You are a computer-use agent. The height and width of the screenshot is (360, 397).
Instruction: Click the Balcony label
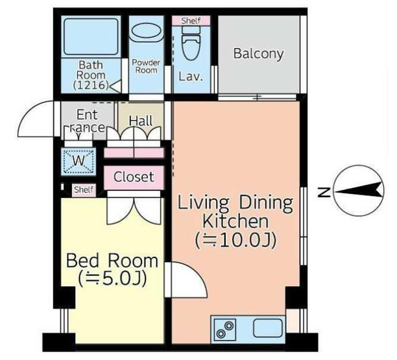(x=258, y=54)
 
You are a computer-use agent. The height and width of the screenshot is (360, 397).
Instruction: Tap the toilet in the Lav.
(x=191, y=43)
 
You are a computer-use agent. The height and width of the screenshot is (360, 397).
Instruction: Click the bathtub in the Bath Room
(x=91, y=37)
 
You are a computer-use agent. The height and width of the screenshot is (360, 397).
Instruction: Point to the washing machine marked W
(x=78, y=162)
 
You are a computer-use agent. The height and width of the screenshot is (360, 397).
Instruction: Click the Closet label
(x=134, y=177)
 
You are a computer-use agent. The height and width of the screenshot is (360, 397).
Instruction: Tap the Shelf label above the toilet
(x=191, y=21)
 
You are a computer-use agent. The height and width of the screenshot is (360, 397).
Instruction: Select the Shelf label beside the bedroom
(x=84, y=189)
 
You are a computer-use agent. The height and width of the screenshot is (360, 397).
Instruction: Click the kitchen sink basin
(x=268, y=328)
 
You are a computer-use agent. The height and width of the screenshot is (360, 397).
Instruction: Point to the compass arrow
(x=359, y=191)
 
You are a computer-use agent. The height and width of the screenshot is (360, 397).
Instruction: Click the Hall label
(x=141, y=121)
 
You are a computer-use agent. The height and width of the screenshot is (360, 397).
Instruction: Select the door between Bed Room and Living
(x=186, y=280)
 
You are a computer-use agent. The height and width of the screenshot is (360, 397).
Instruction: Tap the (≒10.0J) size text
(x=235, y=240)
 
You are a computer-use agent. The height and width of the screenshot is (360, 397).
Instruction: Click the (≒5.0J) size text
(x=112, y=278)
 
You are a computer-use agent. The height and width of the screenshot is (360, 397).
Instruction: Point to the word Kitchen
(x=235, y=221)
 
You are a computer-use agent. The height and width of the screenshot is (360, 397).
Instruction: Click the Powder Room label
(x=147, y=66)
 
